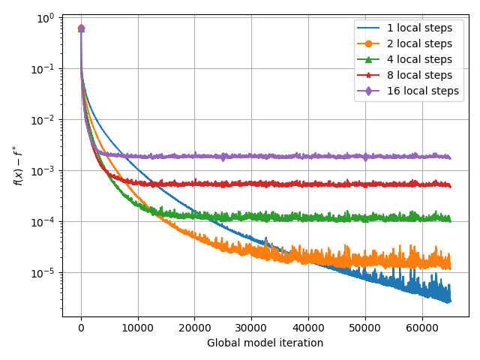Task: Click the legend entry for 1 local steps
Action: point(419,28)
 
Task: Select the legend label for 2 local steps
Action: point(419,44)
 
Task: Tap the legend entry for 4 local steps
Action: point(419,60)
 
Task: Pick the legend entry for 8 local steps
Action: point(419,76)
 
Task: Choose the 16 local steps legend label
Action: point(422,91)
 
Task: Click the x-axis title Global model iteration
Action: point(265,343)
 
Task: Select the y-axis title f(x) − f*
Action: point(18,166)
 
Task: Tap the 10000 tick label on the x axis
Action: point(138,328)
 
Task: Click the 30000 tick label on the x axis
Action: point(251,328)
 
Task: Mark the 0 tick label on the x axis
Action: point(81,328)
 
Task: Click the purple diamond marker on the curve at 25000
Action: point(223,157)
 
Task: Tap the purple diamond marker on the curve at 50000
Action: point(365,157)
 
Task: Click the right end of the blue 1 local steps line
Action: point(449,301)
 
